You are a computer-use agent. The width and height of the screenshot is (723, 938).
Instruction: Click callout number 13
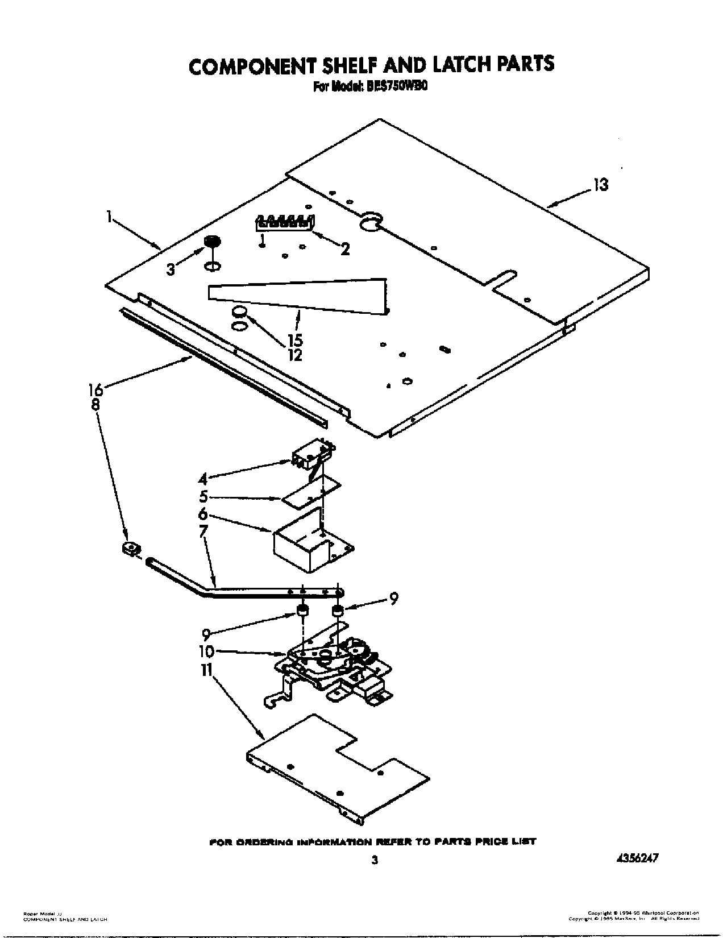pyautogui.click(x=600, y=185)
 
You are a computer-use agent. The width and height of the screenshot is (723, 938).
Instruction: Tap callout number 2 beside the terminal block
pyautogui.click(x=344, y=248)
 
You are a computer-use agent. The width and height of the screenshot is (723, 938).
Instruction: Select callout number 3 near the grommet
pyautogui.click(x=171, y=270)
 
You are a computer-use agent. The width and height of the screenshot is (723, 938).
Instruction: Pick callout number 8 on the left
pyautogui.click(x=95, y=405)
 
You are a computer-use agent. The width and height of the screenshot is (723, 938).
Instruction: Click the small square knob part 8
pyautogui.click(x=131, y=549)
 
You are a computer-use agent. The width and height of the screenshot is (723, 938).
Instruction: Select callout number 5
pyautogui.click(x=203, y=496)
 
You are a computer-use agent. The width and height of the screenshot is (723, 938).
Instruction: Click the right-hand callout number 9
pyautogui.click(x=393, y=598)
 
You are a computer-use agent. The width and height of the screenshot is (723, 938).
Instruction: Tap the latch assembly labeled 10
pyautogui.click(x=330, y=665)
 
